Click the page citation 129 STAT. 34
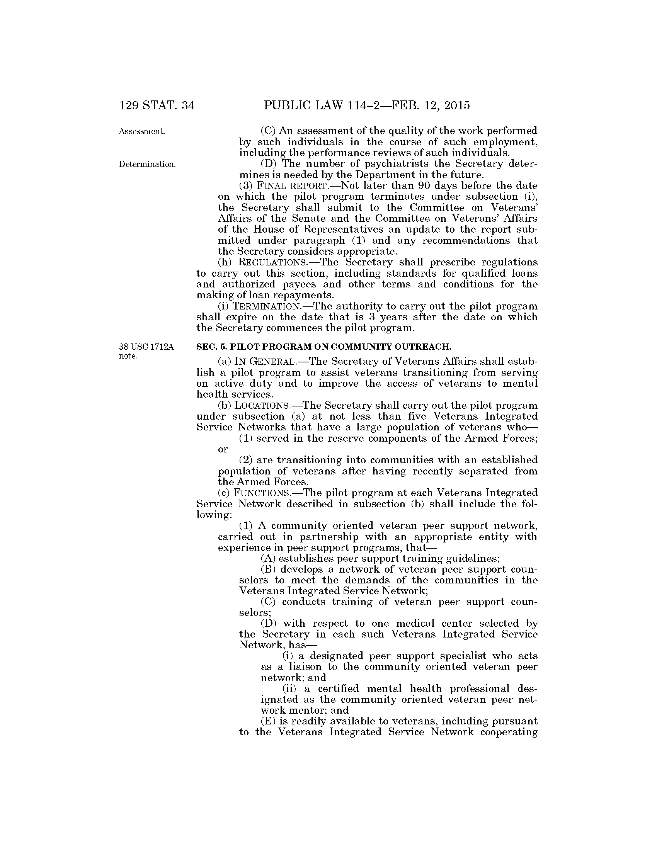pyautogui.click(x=157, y=105)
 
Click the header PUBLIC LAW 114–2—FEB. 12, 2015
pyautogui.click(x=367, y=105)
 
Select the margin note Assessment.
pyautogui.click(x=142, y=131)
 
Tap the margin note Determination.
pyautogui.click(x=147, y=164)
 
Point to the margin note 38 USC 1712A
pyautogui.click(x=146, y=347)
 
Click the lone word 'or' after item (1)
pyautogui.click(x=223, y=449)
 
